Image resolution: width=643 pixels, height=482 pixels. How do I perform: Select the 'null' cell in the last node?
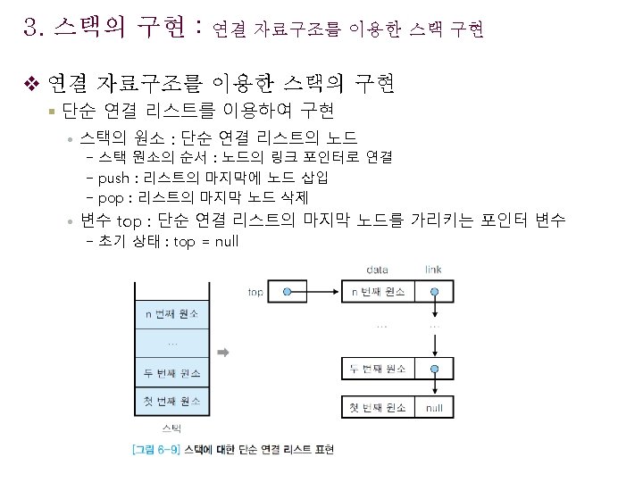click(434, 407)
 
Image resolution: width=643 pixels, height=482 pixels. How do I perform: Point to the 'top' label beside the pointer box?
click(255, 292)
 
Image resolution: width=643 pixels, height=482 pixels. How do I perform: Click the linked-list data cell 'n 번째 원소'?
click(378, 292)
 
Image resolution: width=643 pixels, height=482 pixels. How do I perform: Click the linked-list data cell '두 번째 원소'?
click(378, 369)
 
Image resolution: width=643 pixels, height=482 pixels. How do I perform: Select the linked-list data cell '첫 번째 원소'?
click(378, 407)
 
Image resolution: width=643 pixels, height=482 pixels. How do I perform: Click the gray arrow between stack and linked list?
click(224, 353)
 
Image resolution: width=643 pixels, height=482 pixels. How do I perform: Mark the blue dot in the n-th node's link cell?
click(434, 292)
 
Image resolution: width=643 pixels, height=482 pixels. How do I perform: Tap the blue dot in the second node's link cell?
click(434, 369)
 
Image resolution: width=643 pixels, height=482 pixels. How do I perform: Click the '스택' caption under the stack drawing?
click(171, 430)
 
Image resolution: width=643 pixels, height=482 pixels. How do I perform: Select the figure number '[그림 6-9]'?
click(154, 450)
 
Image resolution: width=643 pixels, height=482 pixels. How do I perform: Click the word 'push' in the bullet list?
click(113, 177)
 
